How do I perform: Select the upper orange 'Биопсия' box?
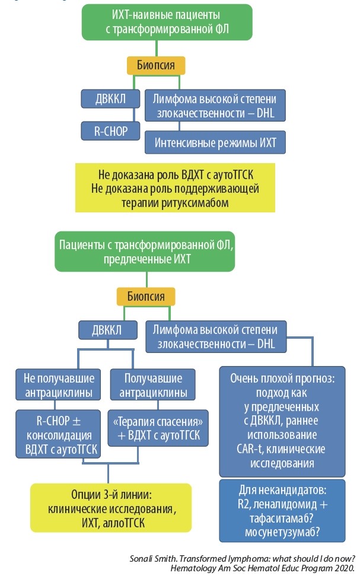click(155, 65)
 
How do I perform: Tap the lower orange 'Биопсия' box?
click(145, 295)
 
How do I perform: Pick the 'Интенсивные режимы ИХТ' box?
click(215, 143)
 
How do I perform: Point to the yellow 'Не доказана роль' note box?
click(176, 188)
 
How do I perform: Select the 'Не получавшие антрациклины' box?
click(59, 386)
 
